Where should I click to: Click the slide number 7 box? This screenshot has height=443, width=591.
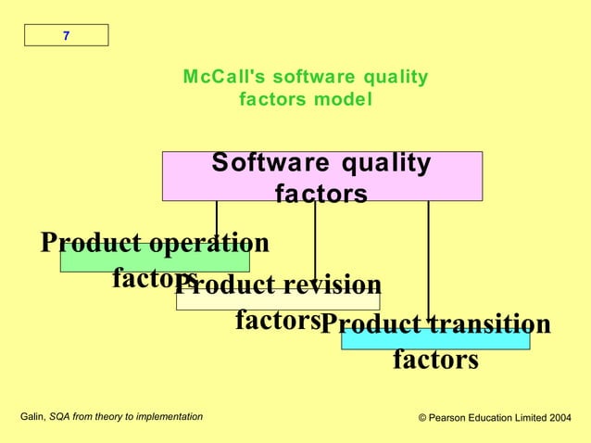pyautogui.click(x=66, y=35)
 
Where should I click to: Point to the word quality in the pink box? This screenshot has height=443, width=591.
pyautogui.click(x=385, y=164)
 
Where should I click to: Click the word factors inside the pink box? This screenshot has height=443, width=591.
pyautogui.click(x=321, y=194)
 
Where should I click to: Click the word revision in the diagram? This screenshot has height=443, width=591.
pyautogui.click(x=327, y=285)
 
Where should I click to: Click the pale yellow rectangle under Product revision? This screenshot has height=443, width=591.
pyautogui.click(x=278, y=302)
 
